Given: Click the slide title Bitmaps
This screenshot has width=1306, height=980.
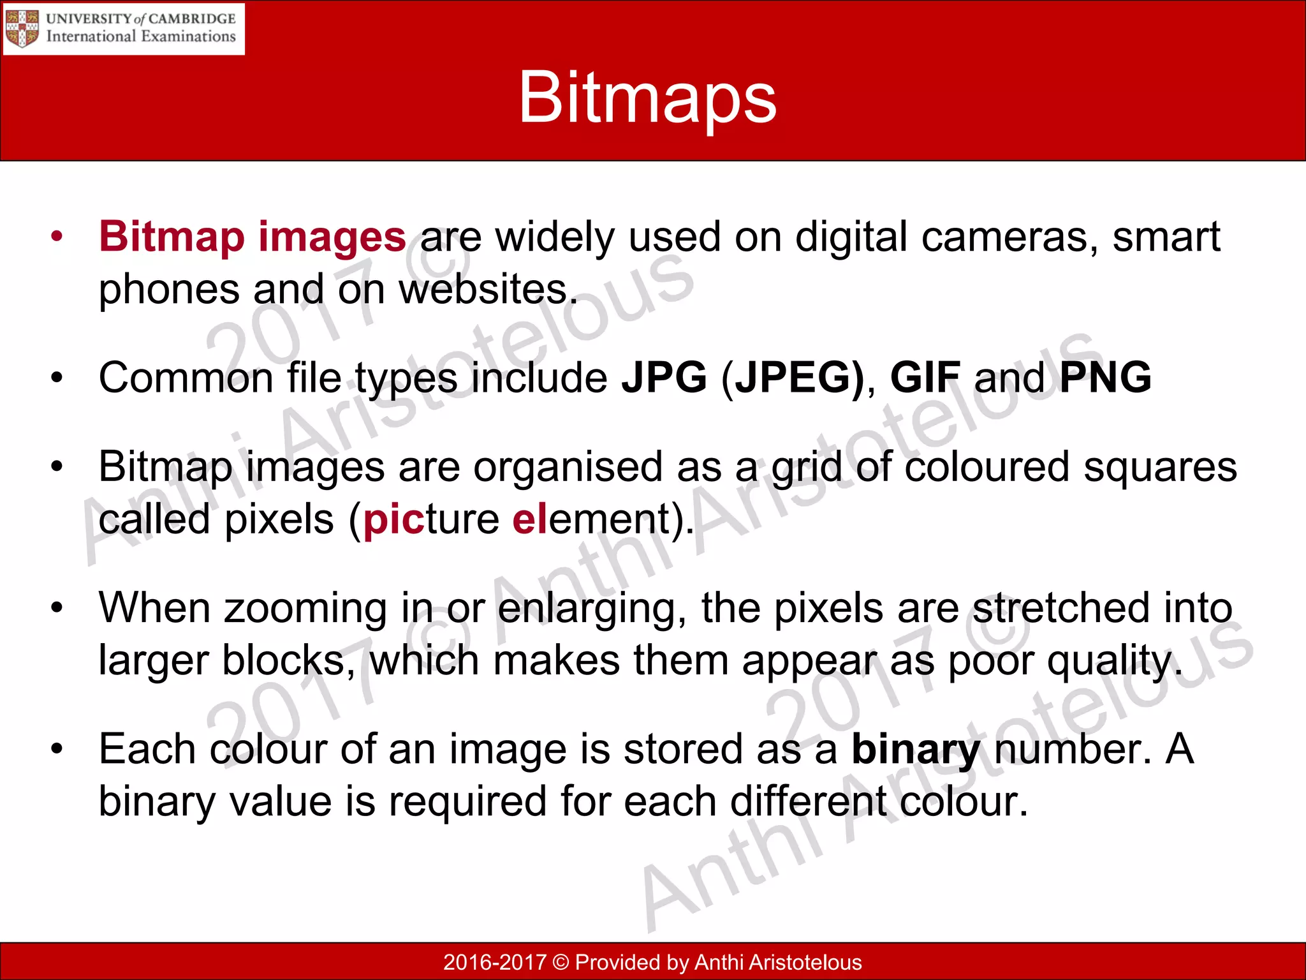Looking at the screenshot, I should [x=647, y=98].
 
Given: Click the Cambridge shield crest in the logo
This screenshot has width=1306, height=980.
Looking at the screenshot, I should [x=22, y=29].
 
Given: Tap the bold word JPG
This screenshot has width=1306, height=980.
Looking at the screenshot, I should [x=664, y=377].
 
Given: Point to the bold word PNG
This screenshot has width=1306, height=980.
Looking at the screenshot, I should [x=1105, y=377].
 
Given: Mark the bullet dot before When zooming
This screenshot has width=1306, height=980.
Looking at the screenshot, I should [x=57, y=608].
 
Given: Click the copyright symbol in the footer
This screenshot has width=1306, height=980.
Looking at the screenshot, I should [x=561, y=962].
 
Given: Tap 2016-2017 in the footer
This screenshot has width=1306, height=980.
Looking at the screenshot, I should [x=495, y=962].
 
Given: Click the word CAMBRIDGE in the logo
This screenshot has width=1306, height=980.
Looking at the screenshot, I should [x=192, y=19].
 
